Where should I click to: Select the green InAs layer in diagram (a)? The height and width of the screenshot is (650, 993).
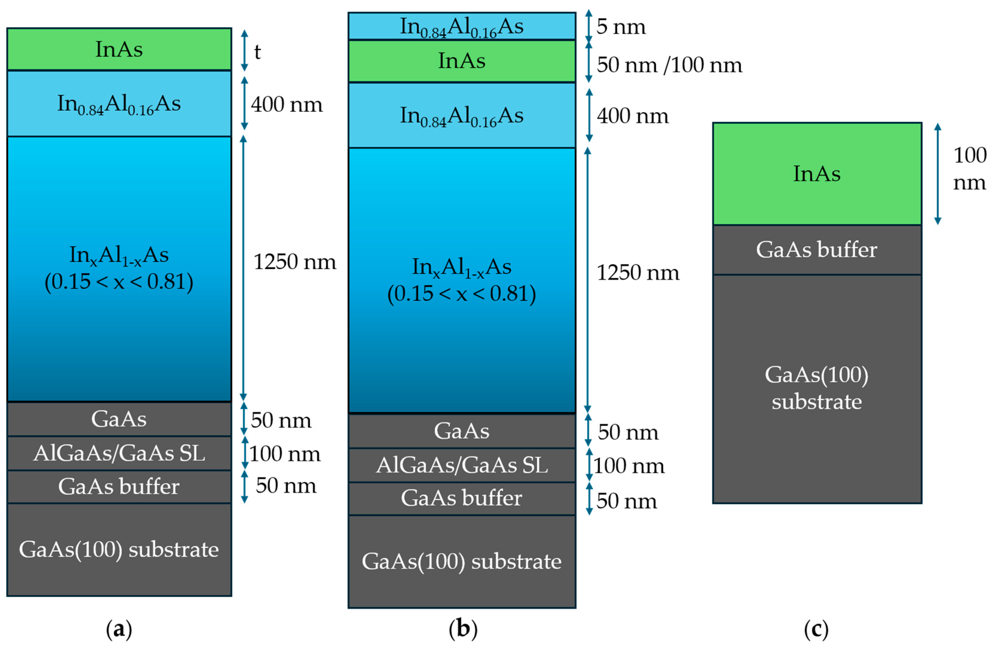[119, 49]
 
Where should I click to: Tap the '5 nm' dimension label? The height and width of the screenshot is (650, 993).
[620, 27]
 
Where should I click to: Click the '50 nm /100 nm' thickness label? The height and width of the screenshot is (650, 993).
[669, 65]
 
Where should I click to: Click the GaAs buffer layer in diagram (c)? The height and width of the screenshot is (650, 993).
[816, 250]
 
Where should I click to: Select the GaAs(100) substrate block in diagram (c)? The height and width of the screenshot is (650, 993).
[816, 388]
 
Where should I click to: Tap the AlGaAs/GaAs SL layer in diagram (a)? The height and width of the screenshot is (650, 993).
[119, 453]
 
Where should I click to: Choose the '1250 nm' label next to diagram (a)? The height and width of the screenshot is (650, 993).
[295, 262]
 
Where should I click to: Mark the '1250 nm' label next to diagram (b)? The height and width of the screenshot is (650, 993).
[637, 273]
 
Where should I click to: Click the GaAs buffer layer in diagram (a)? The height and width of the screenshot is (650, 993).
[119, 486]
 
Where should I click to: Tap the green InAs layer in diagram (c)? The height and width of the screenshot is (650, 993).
[816, 174]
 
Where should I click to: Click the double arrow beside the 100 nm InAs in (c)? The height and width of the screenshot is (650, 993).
[937, 174]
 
